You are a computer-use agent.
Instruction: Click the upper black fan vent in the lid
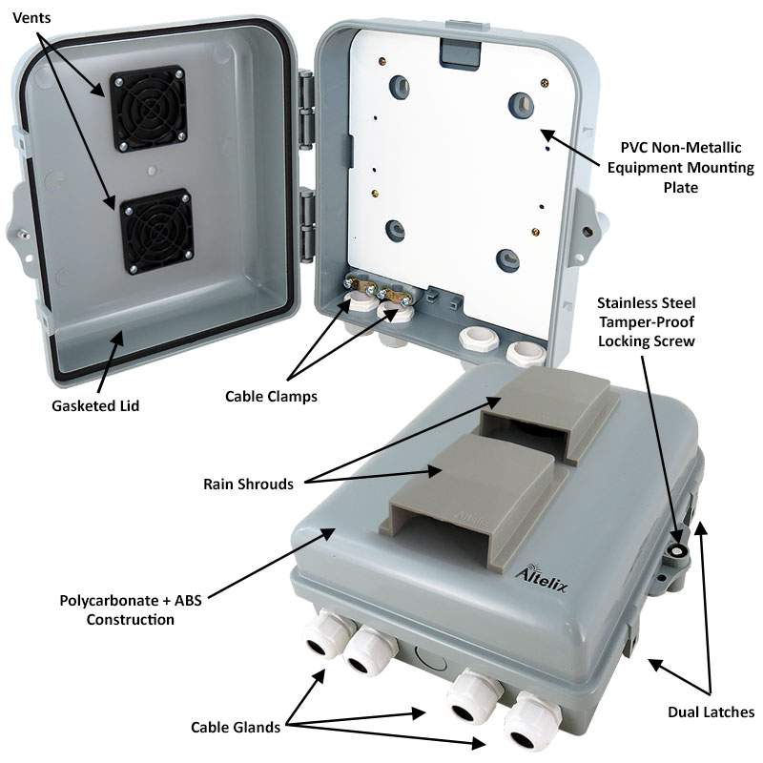pos(149,109)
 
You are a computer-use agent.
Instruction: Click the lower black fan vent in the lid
pos(156,232)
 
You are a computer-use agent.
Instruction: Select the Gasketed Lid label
pos(95,405)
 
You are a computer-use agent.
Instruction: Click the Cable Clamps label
pos(270,395)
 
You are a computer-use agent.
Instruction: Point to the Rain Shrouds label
pos(248,484)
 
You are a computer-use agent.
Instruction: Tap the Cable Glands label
pos(236,727)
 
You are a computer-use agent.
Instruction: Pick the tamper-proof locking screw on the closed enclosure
pos(678,551)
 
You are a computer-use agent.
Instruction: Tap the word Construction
pos(131,620)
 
